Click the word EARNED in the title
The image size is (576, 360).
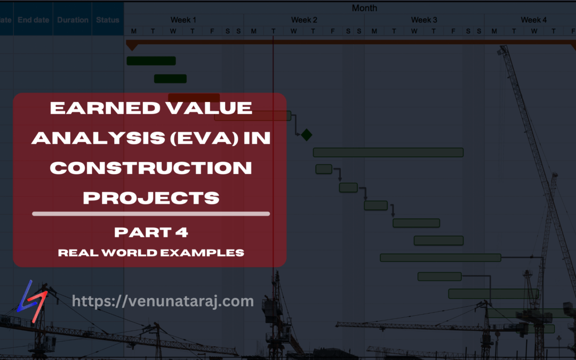tap(100, 108)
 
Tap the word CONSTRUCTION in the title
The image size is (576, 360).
tap(151, 168)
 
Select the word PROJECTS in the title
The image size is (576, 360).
tap(151, 198)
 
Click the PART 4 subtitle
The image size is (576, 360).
tap(151, 233)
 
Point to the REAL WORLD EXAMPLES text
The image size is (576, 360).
tap(151, 252)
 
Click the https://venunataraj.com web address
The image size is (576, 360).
tap(163, 301)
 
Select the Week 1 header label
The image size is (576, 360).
tap(183, 20)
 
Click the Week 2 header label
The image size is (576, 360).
tap(304, 20)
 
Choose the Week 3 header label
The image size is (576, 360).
tap(424, 20)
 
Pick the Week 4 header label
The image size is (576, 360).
tap(533, 20)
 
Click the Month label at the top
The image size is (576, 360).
tap(364, 8)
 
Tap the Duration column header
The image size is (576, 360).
tap(73, 20)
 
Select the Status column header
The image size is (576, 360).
tap(108, 20)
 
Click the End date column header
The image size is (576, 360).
tap(33, 20)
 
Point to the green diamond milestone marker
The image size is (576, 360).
tap(306, 135)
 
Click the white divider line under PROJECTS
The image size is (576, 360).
tap(151, 214)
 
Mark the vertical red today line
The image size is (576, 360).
tap(273, 69)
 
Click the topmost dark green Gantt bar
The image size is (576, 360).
tap(151, 61)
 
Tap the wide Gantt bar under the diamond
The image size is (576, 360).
tap(388, 153)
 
